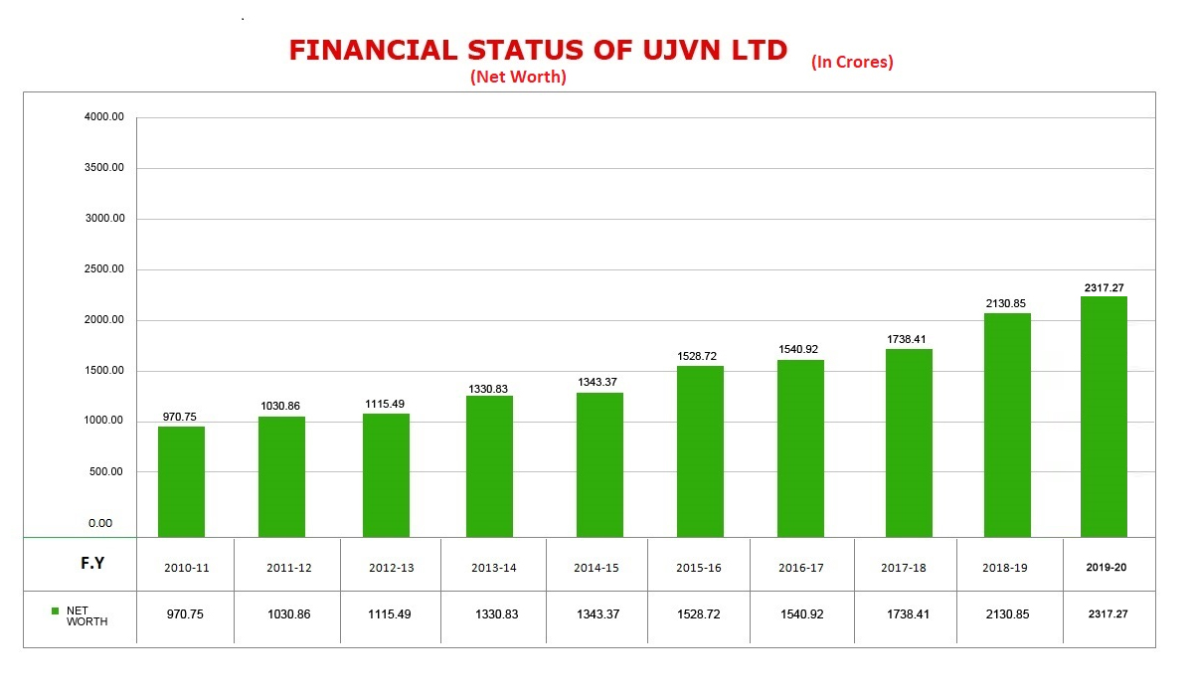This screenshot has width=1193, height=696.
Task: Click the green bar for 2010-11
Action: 181,482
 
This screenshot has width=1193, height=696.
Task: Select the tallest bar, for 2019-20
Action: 1104,417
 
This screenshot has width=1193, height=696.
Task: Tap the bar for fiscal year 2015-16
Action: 700,451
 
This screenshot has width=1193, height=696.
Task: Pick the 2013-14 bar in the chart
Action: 489,466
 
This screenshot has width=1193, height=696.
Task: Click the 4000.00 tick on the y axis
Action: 104,117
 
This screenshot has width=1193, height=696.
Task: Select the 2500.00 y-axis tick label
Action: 104,269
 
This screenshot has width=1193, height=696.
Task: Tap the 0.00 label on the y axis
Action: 100,523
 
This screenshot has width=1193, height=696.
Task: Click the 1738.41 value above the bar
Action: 908,339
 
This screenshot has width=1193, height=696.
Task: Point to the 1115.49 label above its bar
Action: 386,404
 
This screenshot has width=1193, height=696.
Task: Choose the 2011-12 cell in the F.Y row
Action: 288,568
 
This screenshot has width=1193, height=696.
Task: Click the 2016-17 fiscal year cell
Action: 802,568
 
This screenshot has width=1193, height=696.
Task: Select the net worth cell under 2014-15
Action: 596,614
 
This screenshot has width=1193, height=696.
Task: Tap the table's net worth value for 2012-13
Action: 391,614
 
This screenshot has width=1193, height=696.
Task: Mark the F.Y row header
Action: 92,564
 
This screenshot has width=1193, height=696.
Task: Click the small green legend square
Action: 56,610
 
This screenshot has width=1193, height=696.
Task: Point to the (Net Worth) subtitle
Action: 518,77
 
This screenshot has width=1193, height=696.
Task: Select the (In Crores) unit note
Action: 852,62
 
